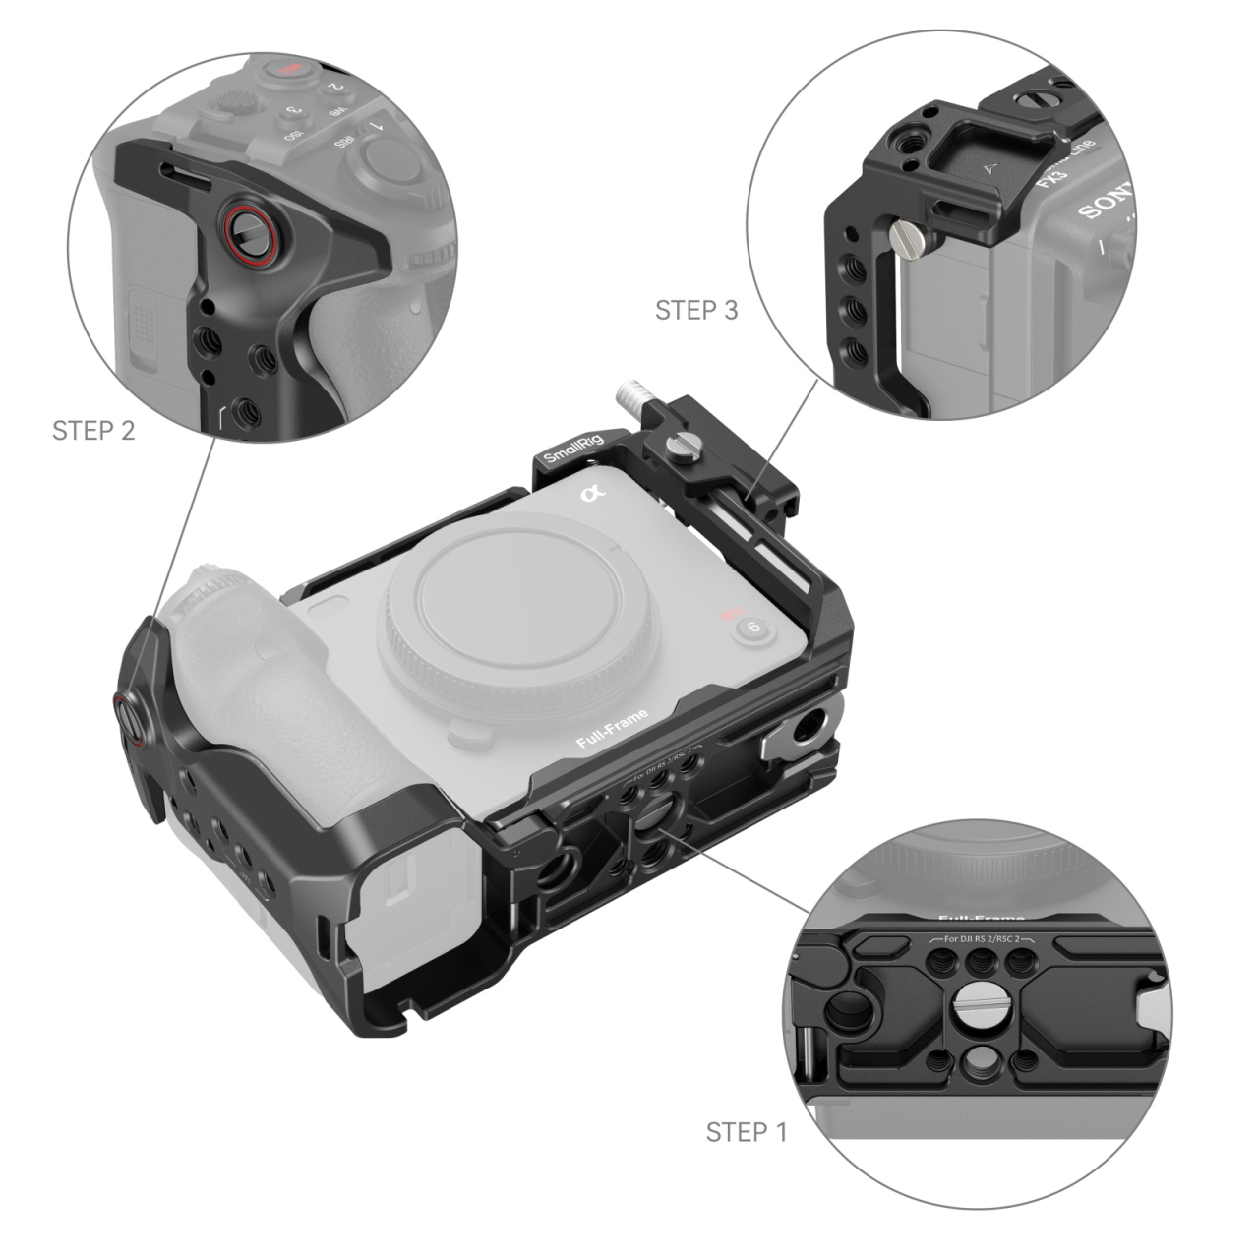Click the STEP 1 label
pyautogui.click(x=747, y=1132)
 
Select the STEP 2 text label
pyautogui.click(x=93, y=430)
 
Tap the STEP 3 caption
pyautogui.click(x=696, y=310)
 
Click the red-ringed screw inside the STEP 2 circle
pyautogui.click(x=243, y=232)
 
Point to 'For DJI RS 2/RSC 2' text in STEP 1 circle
pyautogui.click(x=979, y=939)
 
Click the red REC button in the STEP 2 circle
pyautogui.click(x=286, y=69)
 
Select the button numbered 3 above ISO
pyautogui.click(x=290, y=114)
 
